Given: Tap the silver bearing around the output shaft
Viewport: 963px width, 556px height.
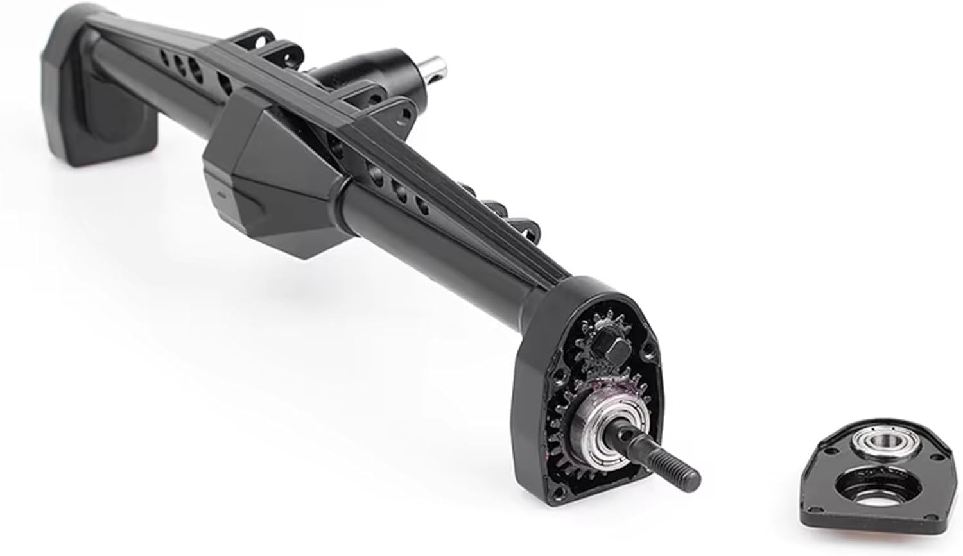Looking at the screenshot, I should click(x=603, y=429).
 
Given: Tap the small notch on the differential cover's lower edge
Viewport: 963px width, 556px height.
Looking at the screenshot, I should click(x=218, y=192).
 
